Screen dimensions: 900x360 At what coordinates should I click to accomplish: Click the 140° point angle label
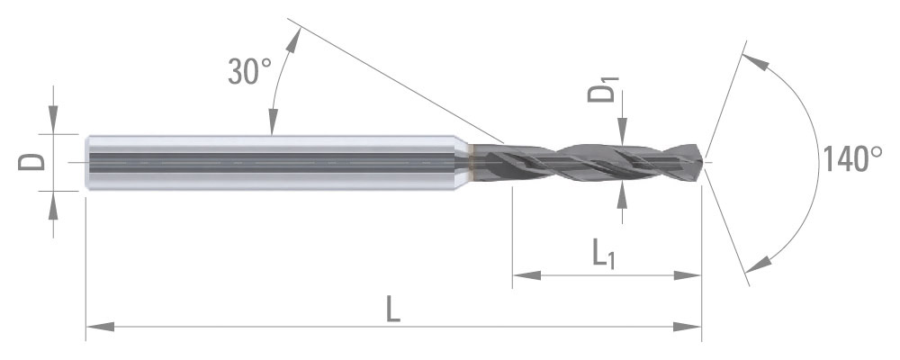[852, 159]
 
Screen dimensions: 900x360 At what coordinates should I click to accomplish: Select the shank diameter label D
[31, 162]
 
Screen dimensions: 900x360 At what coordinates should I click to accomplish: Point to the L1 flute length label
[603, 256]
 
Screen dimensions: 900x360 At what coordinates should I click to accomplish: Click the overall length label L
[392, 309]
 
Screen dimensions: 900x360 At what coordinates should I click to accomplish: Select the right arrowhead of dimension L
[687, 327]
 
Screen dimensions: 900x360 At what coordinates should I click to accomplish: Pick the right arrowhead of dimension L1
[687, 275]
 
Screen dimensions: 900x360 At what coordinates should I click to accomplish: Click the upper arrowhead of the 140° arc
[754, 61]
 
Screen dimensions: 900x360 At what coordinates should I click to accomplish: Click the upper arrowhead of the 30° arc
[294, 40]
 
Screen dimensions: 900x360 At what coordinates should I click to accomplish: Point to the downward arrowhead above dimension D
[53, 120]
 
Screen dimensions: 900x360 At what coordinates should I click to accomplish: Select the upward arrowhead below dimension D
[53, 205]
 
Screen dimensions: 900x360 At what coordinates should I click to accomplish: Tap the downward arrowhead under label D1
[623, 130]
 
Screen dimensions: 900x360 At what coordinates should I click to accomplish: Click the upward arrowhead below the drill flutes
[623, 196]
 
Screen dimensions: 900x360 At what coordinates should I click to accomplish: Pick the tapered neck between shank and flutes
[463, 163]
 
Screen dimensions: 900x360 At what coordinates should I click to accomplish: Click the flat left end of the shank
[86, 163]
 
